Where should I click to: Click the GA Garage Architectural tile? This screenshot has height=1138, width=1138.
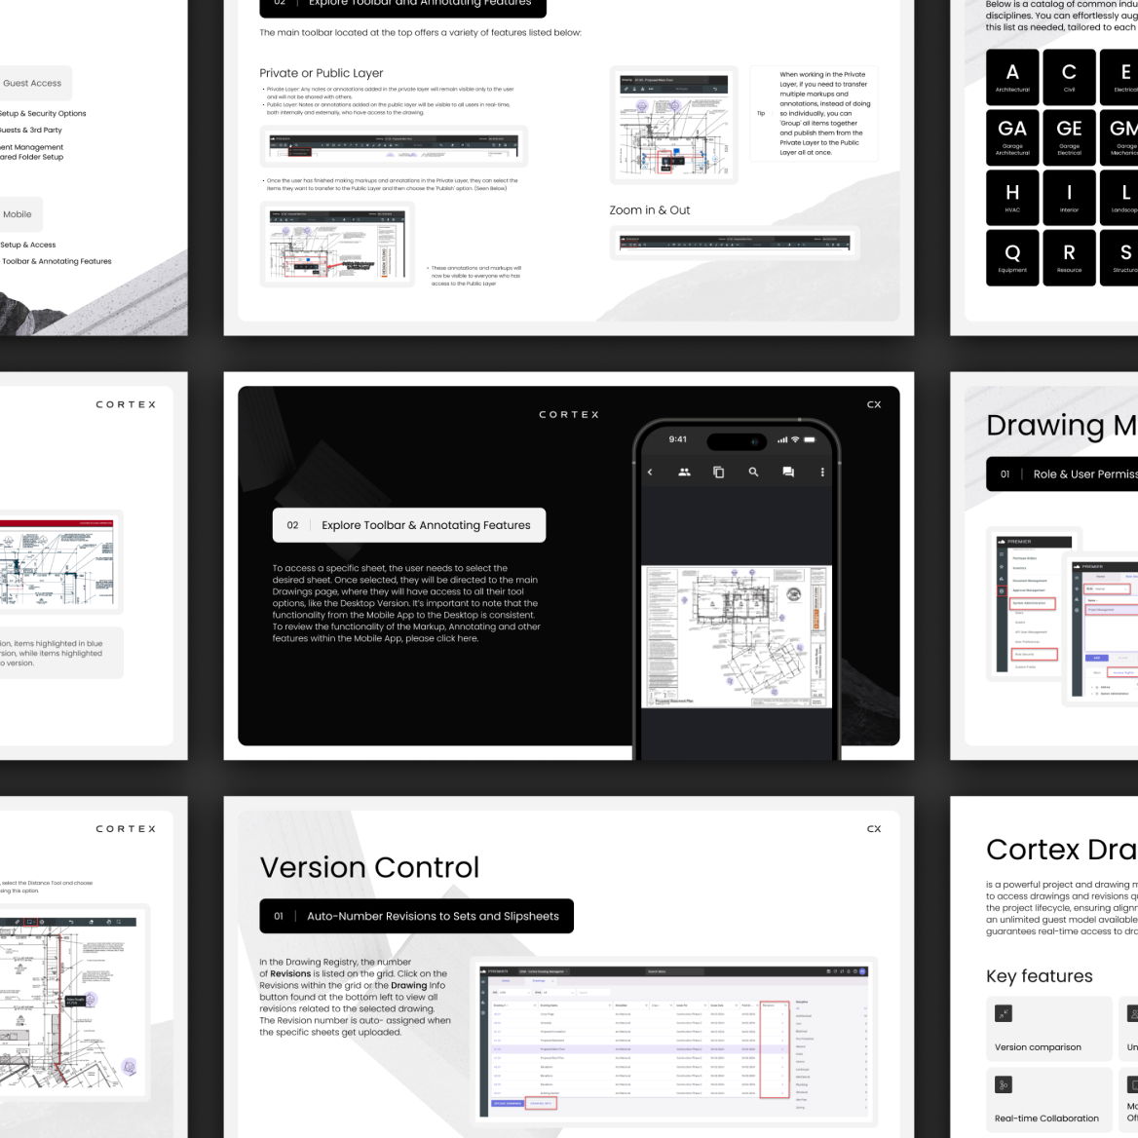[x=1012, y=134]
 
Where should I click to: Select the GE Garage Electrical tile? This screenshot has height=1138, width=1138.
[x=1069, y=134]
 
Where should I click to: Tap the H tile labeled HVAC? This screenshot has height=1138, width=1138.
[x=1012, y=197]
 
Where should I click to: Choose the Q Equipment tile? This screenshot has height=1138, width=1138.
[x=1012, y=257]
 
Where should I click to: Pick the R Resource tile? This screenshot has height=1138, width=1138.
[x=1069, y=257]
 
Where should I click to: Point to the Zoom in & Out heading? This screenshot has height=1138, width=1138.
[x=650, y=210]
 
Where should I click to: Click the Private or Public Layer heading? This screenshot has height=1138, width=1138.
[x=322, y=73]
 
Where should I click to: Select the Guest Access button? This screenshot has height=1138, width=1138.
[x=32, y=84]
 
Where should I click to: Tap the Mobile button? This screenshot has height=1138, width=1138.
[x=18, y=214]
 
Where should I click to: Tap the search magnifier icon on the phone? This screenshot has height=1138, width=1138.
[x=753, y=472]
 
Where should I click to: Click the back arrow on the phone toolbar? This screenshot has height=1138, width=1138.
[x=650, y=472]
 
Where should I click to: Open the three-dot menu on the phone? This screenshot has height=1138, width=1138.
[x=822, y=472]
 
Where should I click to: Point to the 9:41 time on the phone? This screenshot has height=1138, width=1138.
[x=678, y=439]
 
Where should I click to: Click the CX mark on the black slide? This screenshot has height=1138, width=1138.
[x=874, y=404]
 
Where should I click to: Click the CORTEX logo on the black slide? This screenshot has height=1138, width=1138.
[x=569, y=415]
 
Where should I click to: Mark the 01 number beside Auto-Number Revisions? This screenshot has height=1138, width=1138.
[x=279, y=916]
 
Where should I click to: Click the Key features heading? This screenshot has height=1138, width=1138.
[x=1039, y=976]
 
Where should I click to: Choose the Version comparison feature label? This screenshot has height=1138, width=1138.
[x=1038, y=1047]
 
